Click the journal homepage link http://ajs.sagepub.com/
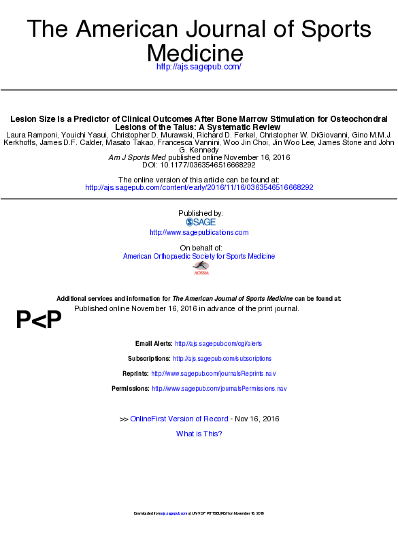(199, 67)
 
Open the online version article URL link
(199, 187)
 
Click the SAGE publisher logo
(200, 222)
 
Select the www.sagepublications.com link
(199, 232)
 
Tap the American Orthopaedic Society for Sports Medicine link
(199, 256)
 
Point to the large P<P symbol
(39, 320)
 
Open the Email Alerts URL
(218, 344)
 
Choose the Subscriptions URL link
(222, 358)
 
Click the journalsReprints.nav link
(213, 373)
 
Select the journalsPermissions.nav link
(219, 388)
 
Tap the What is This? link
(199, 434)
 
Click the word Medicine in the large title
(195, 52)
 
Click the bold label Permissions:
(130, 388)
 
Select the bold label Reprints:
(135, 373)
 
